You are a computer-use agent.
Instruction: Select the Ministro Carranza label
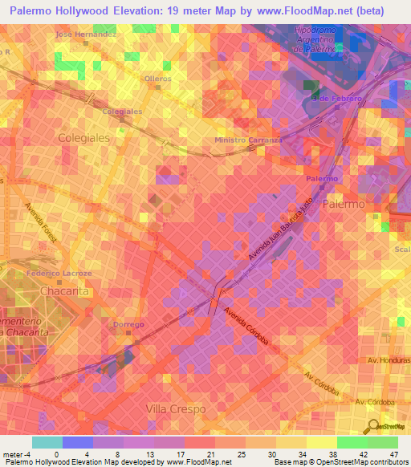[x=249, y=140]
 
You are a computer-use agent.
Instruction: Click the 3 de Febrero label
[x=336, y=98]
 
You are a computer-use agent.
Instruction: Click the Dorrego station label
[x=128, y=324]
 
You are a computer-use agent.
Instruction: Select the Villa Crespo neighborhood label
[x=177, y=409]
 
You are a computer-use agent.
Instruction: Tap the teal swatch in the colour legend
[x=47, y=442]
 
